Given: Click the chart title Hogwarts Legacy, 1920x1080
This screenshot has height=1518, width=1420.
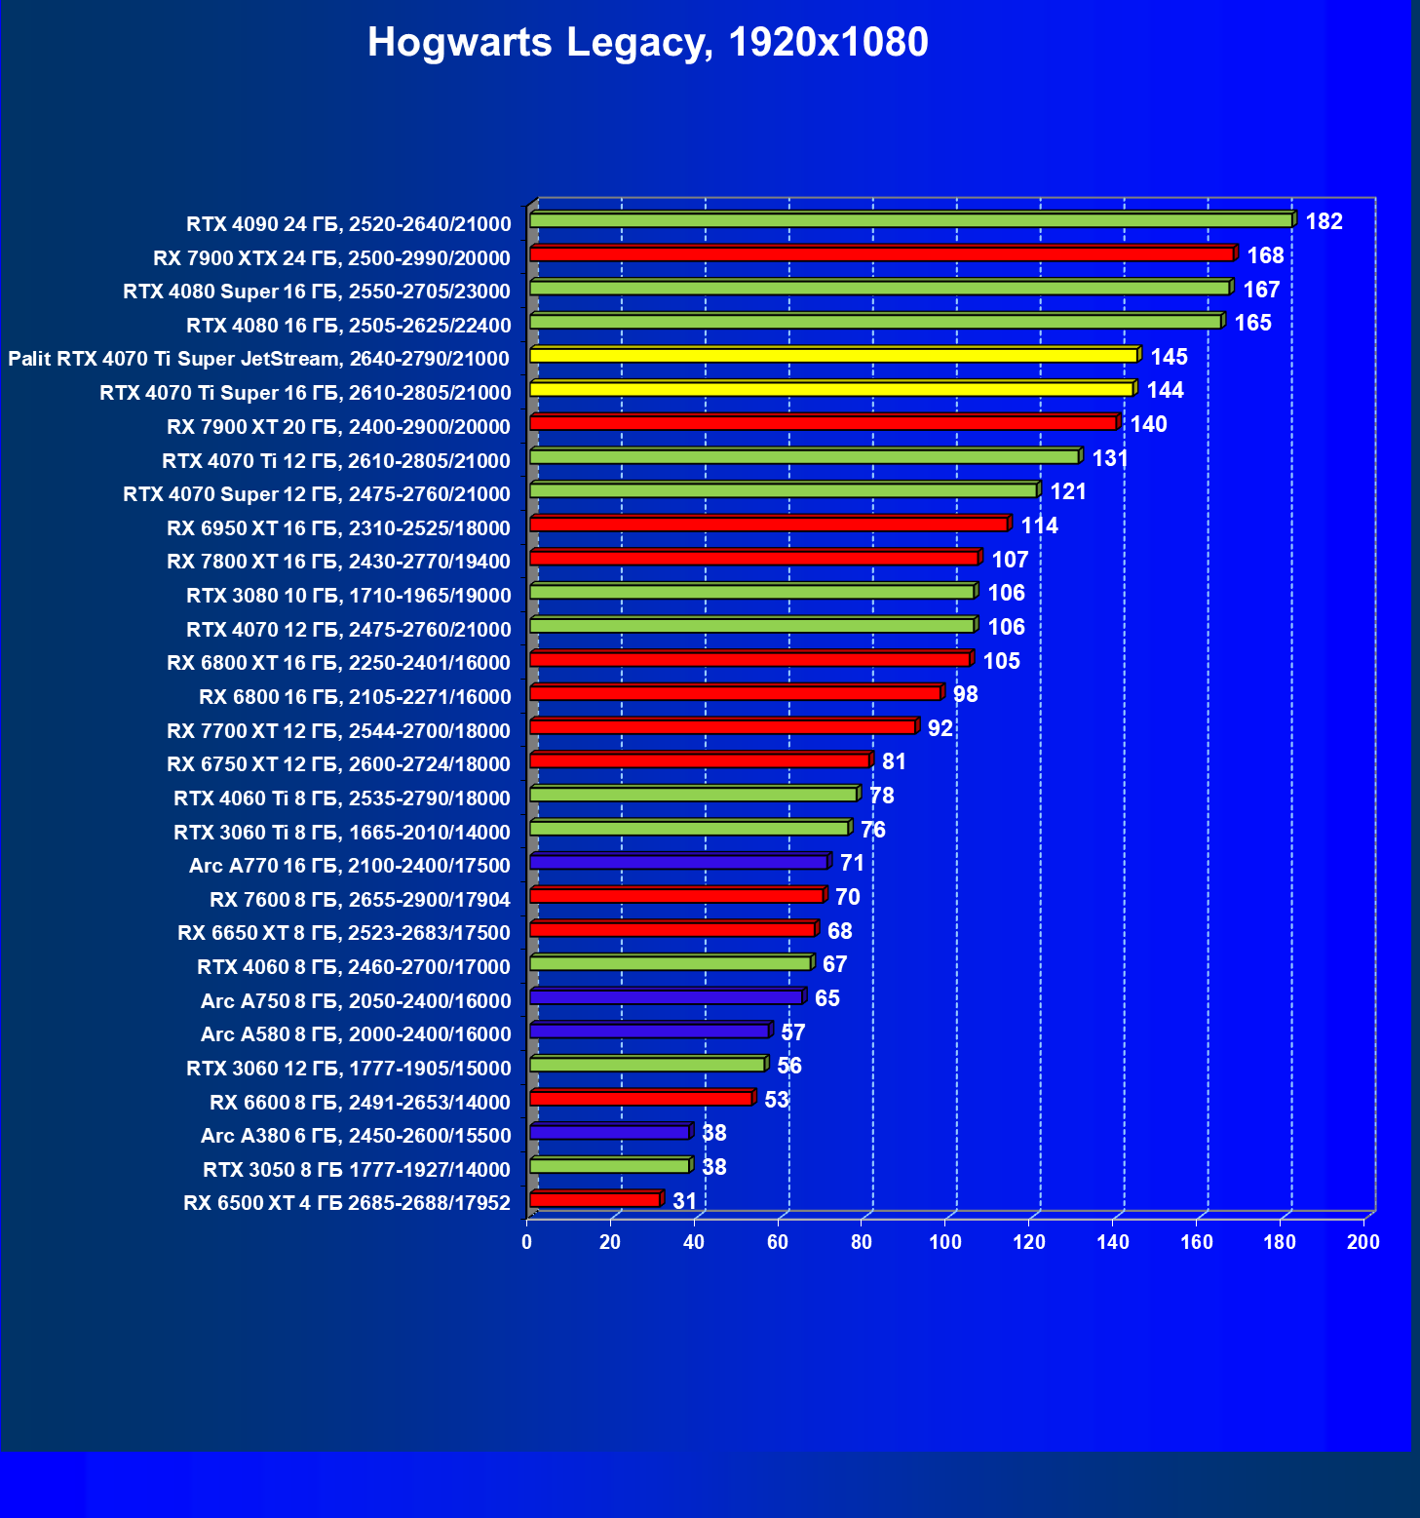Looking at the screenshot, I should coord(647,43).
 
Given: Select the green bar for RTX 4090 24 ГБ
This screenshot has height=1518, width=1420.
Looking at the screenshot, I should coord(911,220).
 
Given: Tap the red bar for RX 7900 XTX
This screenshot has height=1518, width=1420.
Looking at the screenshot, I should coord(882,254).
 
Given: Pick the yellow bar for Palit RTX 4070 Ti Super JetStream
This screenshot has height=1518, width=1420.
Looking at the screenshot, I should coord(833,355).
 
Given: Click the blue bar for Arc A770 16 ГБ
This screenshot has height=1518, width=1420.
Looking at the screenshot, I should coord(678,862).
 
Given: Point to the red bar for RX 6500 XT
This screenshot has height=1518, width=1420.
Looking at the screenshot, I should coord(595,1199).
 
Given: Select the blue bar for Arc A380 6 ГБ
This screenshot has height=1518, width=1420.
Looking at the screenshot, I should coord(610,1132).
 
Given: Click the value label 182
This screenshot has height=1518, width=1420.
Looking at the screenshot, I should coord(1324,221).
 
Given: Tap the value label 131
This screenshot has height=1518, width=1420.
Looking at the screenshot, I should coord(1110,458).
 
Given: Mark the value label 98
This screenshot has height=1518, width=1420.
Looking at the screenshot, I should coord(965,694).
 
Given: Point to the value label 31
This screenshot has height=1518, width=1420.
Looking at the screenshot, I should coord(684,1201).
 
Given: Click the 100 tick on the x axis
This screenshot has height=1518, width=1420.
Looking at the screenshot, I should coord(944,1242).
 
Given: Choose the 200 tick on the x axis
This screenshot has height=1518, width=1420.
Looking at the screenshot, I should coord(1362,1242).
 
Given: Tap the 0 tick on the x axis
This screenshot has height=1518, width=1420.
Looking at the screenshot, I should coord(527,1242).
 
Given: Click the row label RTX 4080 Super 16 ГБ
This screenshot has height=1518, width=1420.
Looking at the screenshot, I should coord(317,292).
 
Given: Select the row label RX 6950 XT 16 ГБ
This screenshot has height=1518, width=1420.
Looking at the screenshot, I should coord(338,528).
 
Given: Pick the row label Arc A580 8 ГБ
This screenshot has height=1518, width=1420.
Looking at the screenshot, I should coord(356,1034).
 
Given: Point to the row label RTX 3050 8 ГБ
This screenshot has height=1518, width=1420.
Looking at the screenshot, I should coord(357,1170).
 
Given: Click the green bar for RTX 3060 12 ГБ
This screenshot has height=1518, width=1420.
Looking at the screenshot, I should coord(647,1065).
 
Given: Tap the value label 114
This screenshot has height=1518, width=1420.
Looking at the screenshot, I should coord(1039,525).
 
